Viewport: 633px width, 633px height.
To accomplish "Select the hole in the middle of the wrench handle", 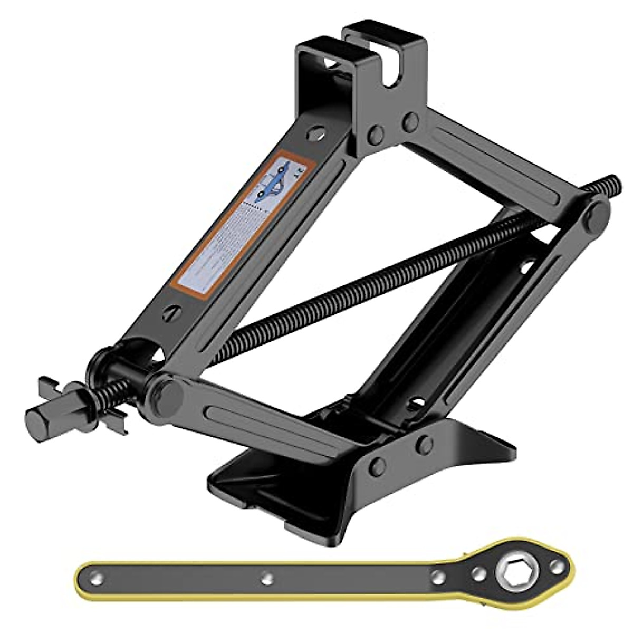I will (x=267, y=577).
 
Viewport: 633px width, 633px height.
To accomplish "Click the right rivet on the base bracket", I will (x=424, y=445).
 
